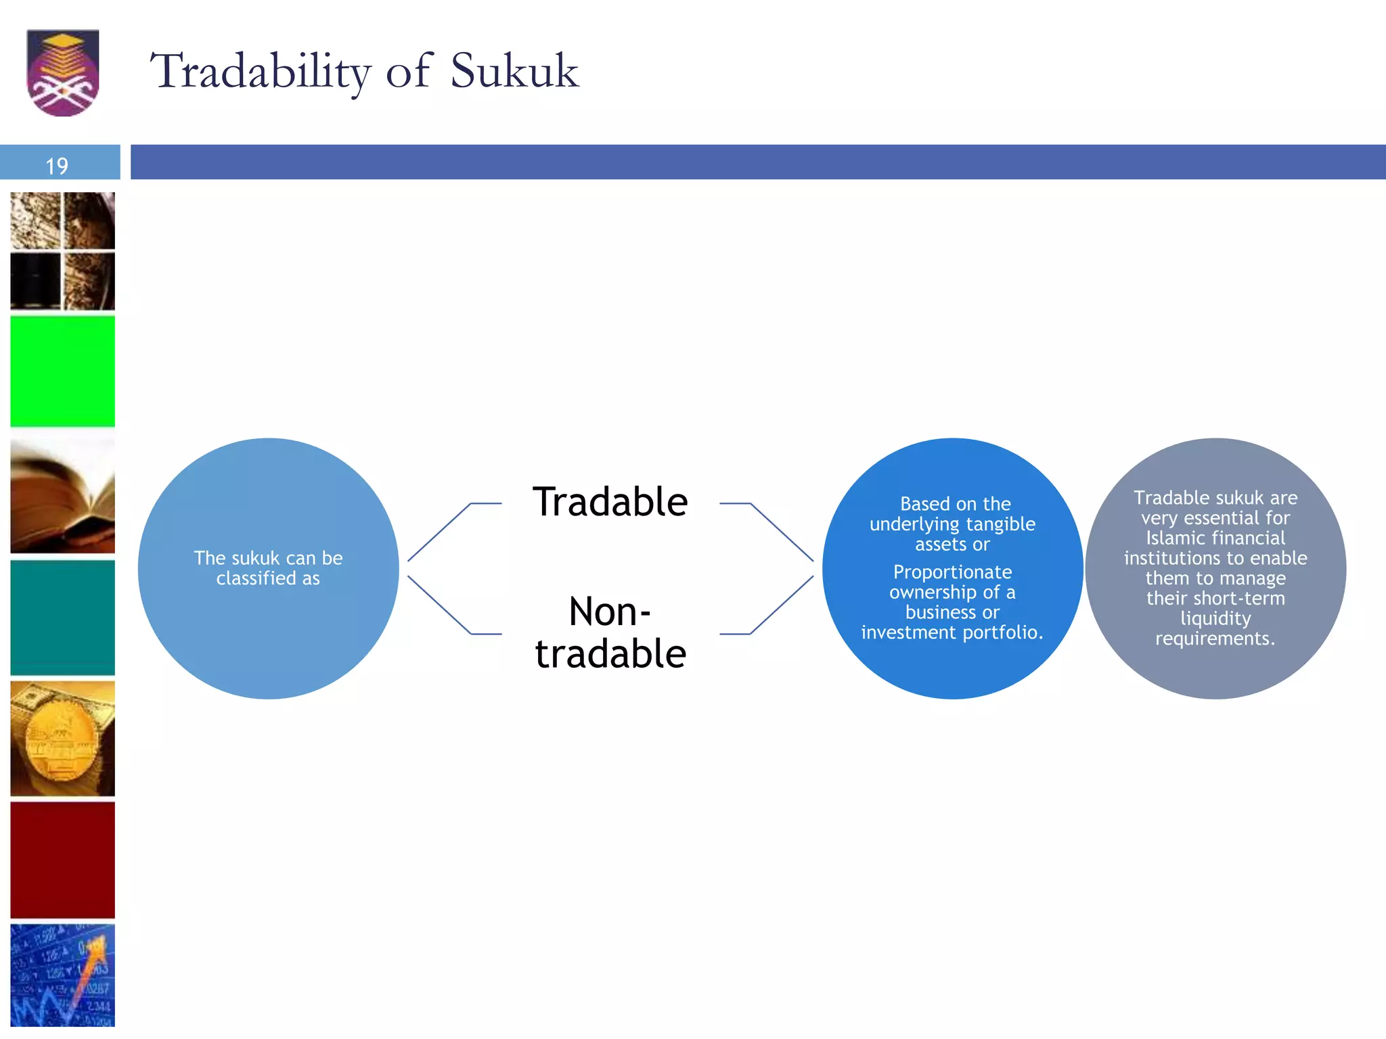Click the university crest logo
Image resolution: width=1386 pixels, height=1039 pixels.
tap(62, 72)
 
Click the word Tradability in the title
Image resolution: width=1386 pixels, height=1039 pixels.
tap(260, 71)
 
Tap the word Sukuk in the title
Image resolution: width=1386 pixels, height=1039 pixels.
tap(514, 70)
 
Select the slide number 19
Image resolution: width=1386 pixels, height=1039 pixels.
tap(57, 166)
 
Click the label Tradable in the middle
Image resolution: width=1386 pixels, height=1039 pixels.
tap(610, 502)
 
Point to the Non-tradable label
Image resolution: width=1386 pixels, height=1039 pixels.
tap(610, 632)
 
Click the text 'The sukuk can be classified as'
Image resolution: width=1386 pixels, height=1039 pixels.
tap(268, 568)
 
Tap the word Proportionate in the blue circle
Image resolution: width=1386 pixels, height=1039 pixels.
tap(952, 572)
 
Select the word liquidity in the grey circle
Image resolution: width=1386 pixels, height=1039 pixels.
tap(1215, 618)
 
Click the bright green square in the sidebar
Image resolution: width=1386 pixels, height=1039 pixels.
tap(62, 371)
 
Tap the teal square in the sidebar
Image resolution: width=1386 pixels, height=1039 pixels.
tap(62, 617)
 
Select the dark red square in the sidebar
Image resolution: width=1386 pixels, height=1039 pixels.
tap(62, 860)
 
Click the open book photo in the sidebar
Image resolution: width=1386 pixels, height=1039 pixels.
tap(62, 496)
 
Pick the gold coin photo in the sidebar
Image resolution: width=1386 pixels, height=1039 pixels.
tap(62, 739)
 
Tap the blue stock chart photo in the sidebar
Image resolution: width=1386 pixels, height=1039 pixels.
tap(62, 975)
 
